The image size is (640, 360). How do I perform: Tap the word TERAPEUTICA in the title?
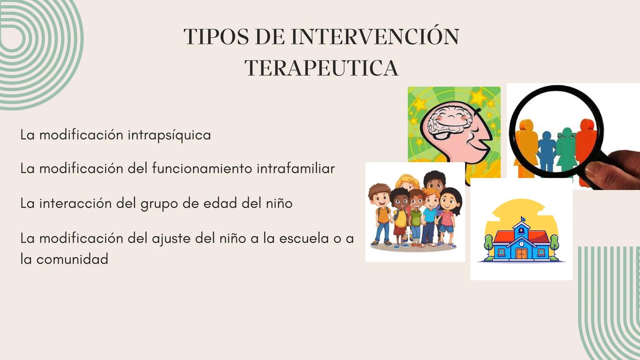tap(322, 68)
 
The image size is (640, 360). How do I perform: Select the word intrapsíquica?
tap(169, 135)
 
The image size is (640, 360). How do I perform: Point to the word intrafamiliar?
tap(295, 168)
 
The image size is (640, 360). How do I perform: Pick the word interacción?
tap(75, 203)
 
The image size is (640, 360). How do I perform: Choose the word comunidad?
tap(72, 259)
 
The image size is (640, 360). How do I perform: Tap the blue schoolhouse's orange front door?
tap(521, 254)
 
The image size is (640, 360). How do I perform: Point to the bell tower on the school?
tap(521, 227)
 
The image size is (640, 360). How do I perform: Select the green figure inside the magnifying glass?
tap(566, 148)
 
